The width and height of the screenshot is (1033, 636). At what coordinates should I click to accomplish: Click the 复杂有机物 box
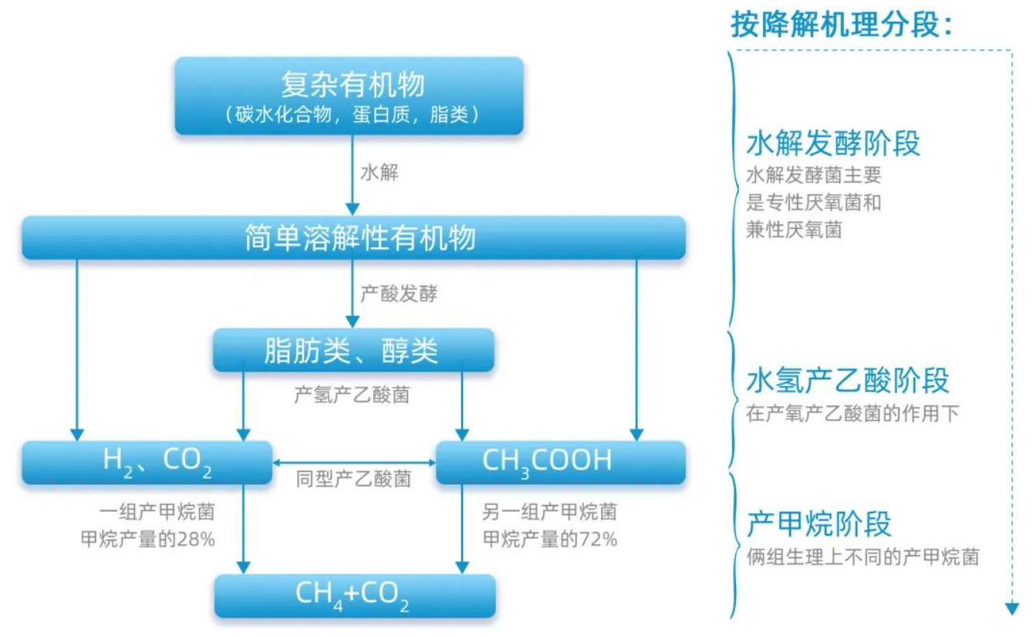point(349,96)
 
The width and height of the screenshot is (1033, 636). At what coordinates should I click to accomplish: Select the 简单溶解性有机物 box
point(353,237)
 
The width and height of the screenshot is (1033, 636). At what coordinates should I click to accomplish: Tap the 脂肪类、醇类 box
point(353,351)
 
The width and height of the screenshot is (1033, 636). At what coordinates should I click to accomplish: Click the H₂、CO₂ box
point(147,462)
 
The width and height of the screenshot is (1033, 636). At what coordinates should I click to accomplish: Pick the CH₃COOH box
point(560,462)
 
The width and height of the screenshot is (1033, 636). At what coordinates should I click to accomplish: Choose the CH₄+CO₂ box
point(353,595)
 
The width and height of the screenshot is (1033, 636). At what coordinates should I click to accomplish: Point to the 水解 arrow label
point(380,173)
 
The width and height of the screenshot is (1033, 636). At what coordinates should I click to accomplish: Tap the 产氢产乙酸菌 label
point(352,395)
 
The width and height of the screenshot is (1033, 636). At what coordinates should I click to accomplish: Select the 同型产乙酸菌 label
point(353,479)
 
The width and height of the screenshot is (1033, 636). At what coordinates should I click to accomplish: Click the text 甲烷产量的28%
point(147,540)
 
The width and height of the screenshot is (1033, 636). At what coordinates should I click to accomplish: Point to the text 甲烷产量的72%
point(550,540)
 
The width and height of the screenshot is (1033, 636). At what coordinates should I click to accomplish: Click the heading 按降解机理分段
point(842,25)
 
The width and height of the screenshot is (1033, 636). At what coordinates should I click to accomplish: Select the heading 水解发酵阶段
point(833,143)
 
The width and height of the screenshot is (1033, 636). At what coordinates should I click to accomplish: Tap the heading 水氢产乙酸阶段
point(847,381)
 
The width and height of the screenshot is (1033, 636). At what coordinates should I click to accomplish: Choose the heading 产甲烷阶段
point(819,523)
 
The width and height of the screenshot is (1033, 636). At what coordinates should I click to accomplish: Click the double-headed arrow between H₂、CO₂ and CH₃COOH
point(354,463)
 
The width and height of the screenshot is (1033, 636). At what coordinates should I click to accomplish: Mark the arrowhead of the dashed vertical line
point(1012,609)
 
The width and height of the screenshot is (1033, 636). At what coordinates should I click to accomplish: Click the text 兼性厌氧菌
point(793,230)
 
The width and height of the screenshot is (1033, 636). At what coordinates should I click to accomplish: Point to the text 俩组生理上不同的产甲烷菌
point(863,557)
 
